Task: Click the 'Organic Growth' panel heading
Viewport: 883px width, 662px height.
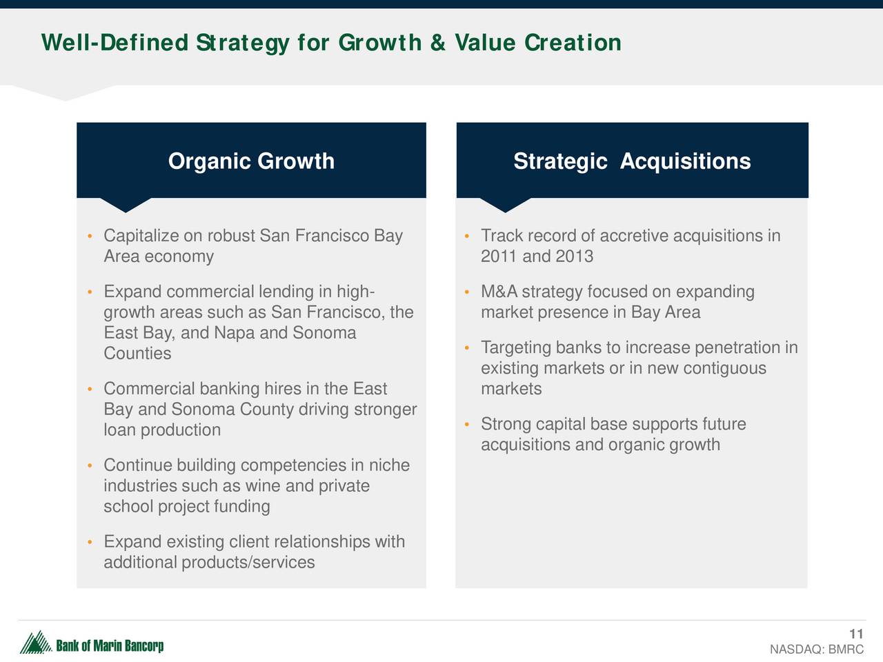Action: click(x=251, y=161)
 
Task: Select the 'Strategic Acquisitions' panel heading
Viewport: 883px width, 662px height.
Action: click(x=632, y=161)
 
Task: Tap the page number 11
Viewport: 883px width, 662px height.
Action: click(x=856, y=634)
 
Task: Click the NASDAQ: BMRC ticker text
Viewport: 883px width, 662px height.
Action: click(x=817, y=649)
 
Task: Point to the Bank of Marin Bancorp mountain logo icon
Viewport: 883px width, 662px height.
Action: click(x=35, y=642)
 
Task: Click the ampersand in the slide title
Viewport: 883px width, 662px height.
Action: click(x=437, y=43)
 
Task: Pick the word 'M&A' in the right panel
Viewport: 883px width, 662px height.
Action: click(x=499, y=292)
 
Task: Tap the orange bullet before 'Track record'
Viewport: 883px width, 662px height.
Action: click(x=466, y=236)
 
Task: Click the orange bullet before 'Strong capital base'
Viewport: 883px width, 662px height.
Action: click(x=466, y=424)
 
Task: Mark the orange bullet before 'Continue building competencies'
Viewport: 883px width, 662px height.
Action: click(x=90, y=465)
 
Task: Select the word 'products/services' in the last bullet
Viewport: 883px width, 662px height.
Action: click(x=248, y=563)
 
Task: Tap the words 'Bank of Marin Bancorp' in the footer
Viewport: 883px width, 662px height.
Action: click(x=110, y=646)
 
